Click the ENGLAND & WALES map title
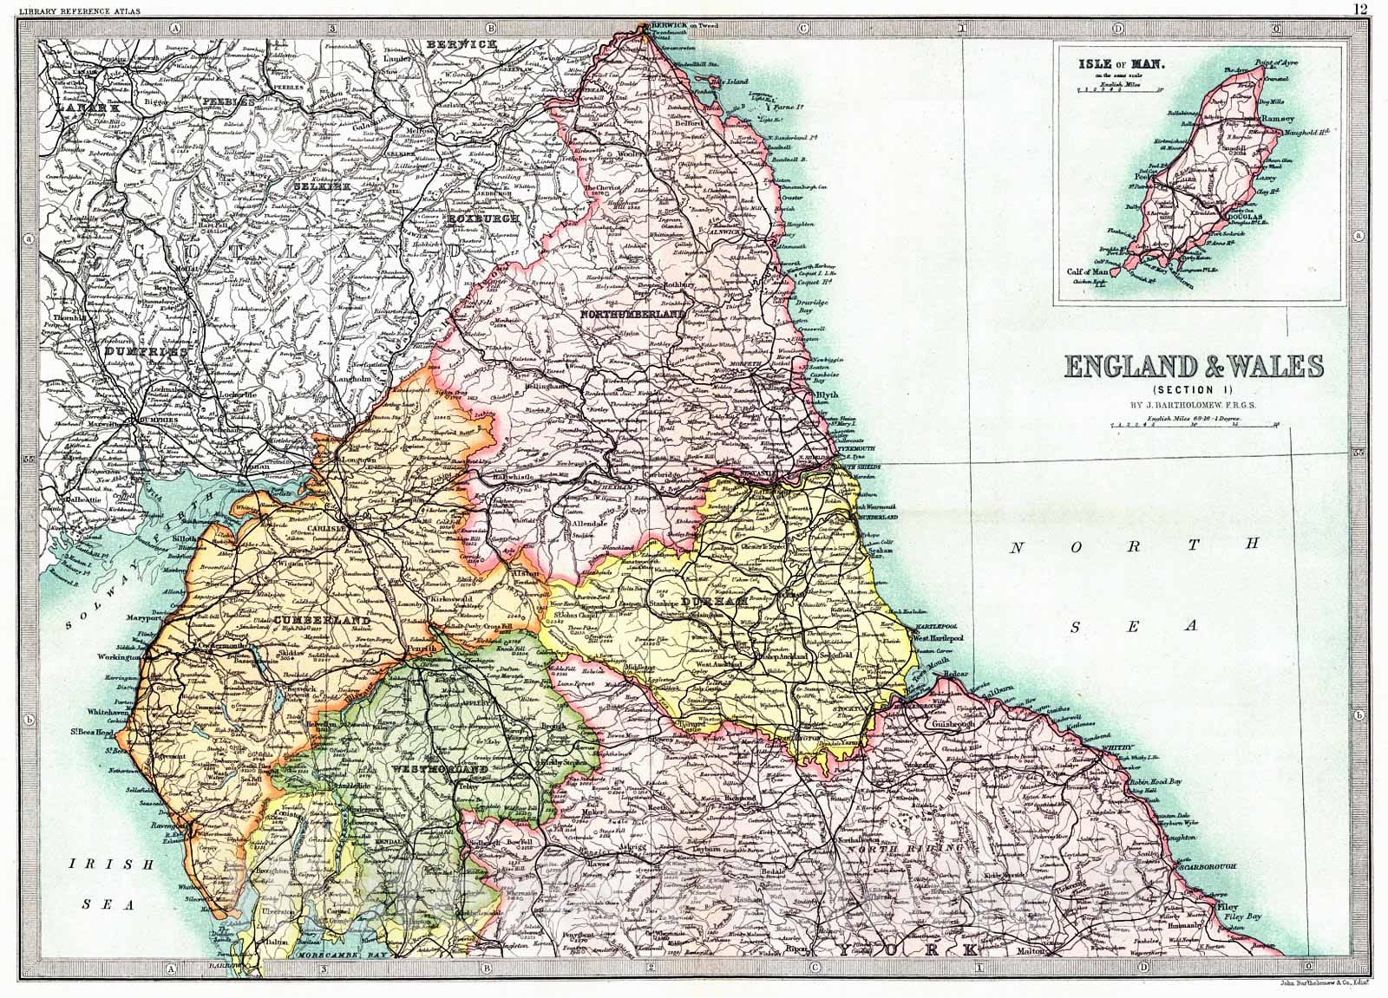pyautogui.click(x=1193, y=367)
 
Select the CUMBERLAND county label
pyautogui.click(x=323, y=621)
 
